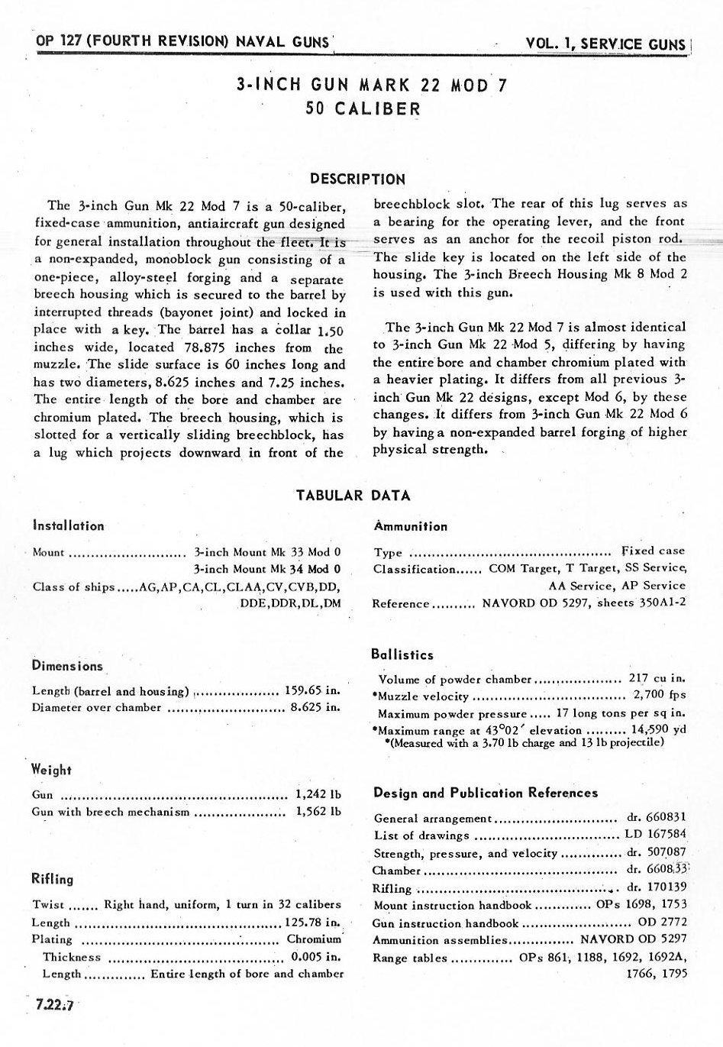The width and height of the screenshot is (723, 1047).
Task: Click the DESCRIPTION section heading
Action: click(x=357, y=180)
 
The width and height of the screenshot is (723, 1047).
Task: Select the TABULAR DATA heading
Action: click(x=353, y=496)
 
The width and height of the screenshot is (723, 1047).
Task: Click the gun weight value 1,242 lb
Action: click(x=318, y=794)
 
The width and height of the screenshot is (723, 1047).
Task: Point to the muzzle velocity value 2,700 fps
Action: click(x=660, y=695)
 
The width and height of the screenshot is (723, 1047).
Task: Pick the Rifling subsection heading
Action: click(x=53, y=879)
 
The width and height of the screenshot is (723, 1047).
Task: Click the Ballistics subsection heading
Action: click(x=402, y=654)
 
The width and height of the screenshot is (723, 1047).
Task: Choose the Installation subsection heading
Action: click(x=68, y=525)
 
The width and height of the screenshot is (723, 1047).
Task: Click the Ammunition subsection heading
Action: click(x=411, y=526)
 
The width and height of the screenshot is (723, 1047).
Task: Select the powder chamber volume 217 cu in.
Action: click(x=657, y=678)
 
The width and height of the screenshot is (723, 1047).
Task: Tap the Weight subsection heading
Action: click(x=51, y=770)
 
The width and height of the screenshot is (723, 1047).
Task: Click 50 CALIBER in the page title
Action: click(x=363, y=108)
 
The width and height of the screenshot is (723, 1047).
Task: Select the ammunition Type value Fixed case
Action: click(x=653, y=551)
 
